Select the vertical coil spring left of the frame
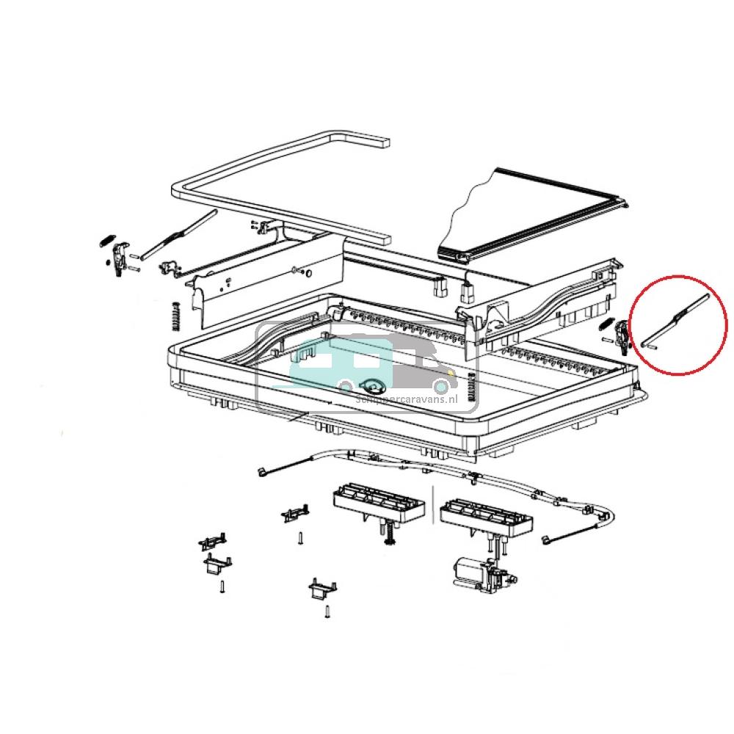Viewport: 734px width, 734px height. (x=176, y=316)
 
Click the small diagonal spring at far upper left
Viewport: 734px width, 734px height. (x=105, y=239)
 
